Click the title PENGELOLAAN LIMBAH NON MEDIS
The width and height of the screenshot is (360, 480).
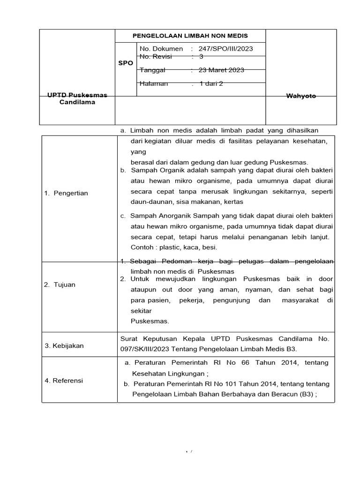tap(190, 36)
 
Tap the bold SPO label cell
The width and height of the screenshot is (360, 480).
tap(126, 62)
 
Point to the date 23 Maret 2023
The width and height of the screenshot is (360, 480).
tap(221, 70)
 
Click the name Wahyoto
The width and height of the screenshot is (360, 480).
tap(301, 96)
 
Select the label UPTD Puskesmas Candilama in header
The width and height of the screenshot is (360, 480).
tap(77, 98)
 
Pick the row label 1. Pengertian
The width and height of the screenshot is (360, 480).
tap(66, 193)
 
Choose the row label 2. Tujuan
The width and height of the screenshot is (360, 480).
tap(60, 285)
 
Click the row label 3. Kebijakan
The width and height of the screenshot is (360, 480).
tap(64, 345)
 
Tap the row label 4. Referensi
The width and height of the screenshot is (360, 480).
tap(64, 381)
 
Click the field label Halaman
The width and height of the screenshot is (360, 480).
tap(153, 84)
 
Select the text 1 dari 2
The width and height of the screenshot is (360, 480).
tap(211, 84)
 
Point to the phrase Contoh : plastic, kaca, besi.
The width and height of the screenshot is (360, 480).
tap(174, 247)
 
